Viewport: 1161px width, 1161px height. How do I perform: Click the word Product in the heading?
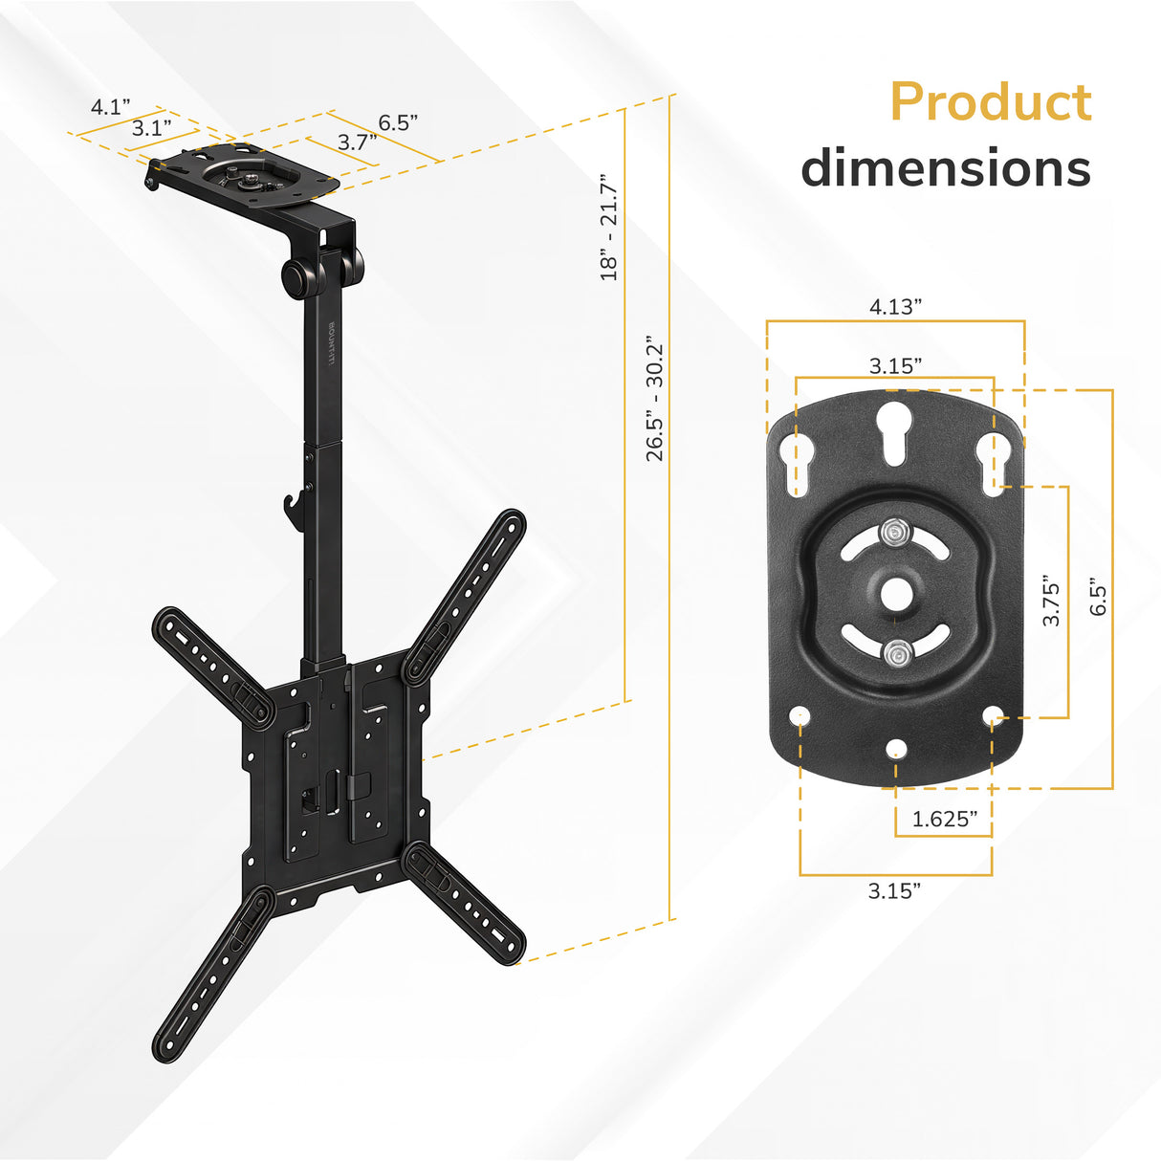(990, 102)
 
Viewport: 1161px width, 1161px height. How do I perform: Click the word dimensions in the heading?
(945, 168)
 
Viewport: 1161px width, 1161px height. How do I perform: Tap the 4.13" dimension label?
(895, 306)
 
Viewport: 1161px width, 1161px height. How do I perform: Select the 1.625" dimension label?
(944, 819)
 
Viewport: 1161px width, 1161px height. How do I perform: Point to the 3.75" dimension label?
(1051, 601)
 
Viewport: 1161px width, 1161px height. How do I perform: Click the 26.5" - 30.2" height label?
(654, 398)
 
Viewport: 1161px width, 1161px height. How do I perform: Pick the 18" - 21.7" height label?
(609, 227)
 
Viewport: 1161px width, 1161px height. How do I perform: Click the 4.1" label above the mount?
(110, 106)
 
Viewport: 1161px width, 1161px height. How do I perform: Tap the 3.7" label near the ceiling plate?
(357, 142)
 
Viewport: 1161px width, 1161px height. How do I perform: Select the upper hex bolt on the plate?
(895, 530)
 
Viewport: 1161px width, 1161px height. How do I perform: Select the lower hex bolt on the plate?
(895, 655)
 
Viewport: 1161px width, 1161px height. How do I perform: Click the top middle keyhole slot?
(895, 426)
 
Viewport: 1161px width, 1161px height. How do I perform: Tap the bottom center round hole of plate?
(895, 748)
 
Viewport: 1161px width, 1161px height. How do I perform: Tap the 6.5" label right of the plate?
(1097, 601)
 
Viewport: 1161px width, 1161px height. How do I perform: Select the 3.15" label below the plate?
(895, 890)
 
